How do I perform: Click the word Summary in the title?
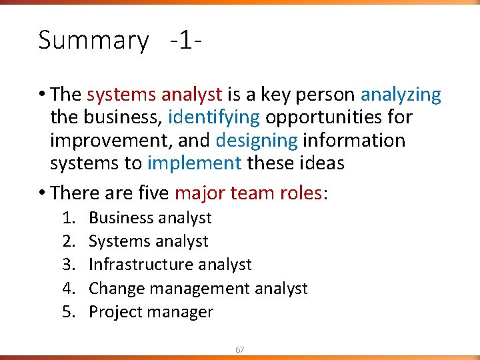(93, 41)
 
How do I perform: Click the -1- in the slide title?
(186, 40)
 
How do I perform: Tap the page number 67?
(240, 349)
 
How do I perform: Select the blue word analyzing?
(401, 95)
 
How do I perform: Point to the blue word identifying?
(214, 118)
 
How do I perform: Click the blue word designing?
(257, 141)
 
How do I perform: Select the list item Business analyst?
(150, 218)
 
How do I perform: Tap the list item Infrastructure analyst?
(170, 265)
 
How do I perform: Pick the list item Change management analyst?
(198, 288)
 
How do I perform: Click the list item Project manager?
(151, 312)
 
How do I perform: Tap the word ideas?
(321, 163)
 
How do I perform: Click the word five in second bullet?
(152, 193)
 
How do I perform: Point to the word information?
(354, 141)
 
